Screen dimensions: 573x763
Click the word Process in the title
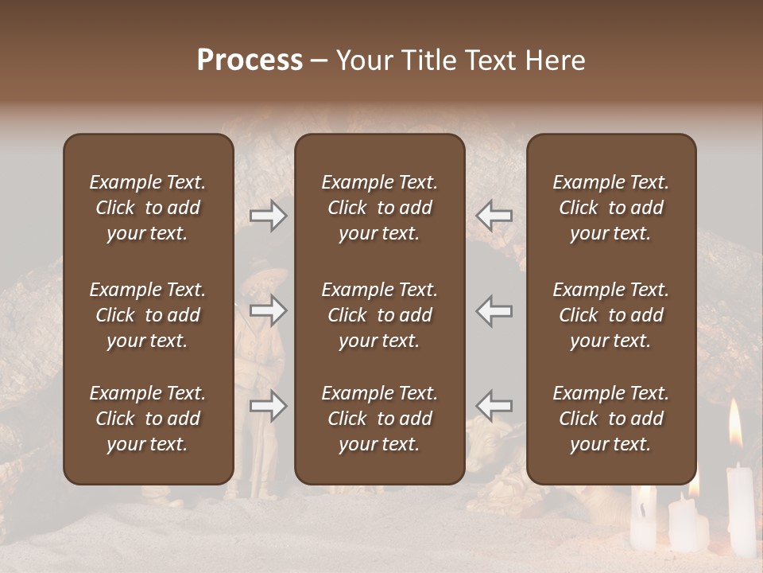250,60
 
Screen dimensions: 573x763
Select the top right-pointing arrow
269,216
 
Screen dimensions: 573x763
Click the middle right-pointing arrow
269,310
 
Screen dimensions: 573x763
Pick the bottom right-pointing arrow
269,406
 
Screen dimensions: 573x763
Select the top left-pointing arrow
494,216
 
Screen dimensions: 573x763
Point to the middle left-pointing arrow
494,310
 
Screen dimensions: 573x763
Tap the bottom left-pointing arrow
494,406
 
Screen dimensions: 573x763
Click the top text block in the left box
148,208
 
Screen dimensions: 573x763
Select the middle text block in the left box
148,315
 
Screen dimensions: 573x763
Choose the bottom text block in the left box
148,419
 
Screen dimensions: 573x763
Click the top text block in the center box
379,208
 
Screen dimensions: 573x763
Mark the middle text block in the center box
379,315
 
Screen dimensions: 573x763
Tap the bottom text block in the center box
379,419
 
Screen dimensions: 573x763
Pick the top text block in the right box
610,208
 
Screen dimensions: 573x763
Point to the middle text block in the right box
610,315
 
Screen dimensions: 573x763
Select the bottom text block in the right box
610,419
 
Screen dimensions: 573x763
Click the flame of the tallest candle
734,426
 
